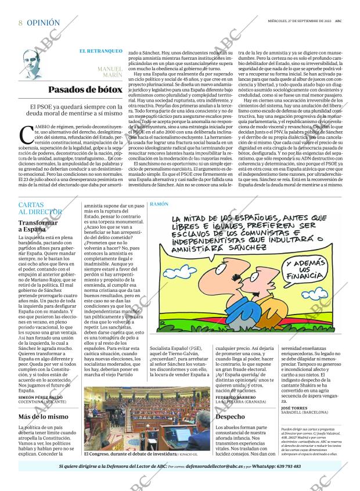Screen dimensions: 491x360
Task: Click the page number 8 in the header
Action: tap(21, 23)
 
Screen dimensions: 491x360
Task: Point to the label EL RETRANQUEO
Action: tap(101, 51)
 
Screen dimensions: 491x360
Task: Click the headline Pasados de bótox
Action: tap(85, 89)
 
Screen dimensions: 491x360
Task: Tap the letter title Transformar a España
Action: tap(38, 226)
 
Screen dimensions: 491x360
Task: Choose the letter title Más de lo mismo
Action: tap(43, 417)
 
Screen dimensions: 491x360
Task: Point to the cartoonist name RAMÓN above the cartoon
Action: tap(159, 205)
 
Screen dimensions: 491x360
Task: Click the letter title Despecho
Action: tap(230, 417)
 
